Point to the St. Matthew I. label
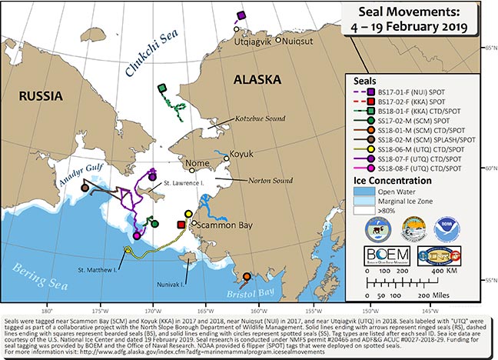tap(97, 271)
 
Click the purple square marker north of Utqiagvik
tap(241, 15)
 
